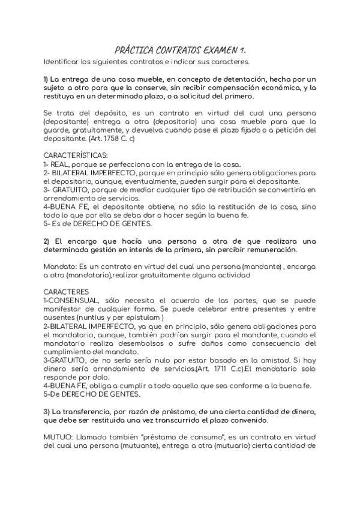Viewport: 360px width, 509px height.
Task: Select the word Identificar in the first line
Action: click(63, 61)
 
